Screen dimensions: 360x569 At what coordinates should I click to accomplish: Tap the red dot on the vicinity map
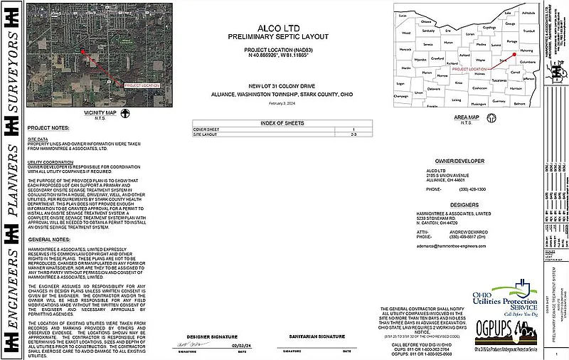(x=83, y=51)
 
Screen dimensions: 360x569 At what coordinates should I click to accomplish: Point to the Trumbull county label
(x=528, y=31)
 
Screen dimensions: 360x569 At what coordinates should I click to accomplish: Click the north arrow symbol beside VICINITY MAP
(x=124, y=112)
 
